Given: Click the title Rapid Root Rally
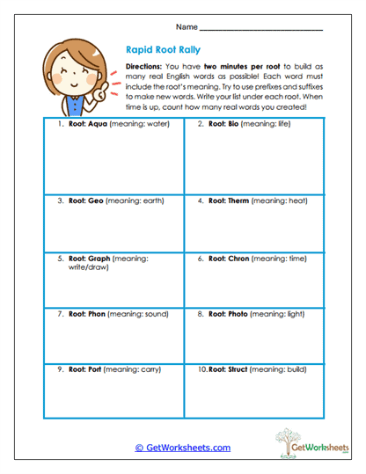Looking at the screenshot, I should click(159, 51).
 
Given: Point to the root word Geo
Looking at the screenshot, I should click(96, 201).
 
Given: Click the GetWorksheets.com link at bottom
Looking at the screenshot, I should click(183, 447).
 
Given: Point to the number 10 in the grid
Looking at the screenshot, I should click(202, 369).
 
